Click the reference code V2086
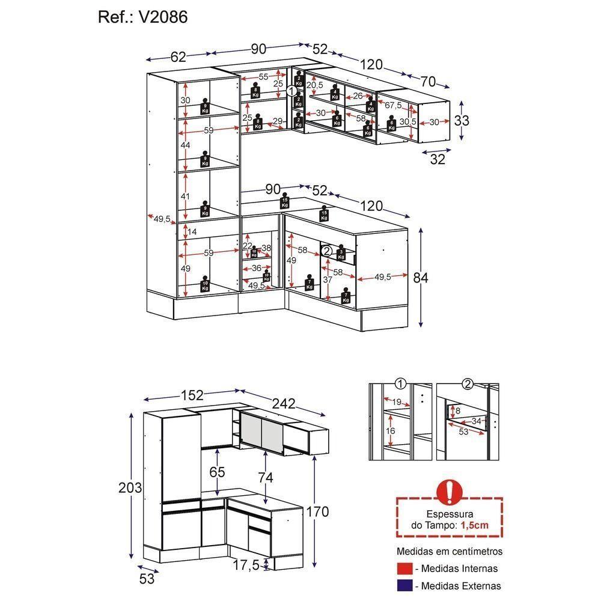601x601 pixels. click(x=163, y=17)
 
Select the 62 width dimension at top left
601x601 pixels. click(x=178, y=57)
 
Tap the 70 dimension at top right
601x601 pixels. click(x=428, y=81)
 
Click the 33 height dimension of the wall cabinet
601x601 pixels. click(x=462, y=120)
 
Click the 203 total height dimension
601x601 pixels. click(x=130, y=487)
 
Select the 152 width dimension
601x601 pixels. click(x=192, y=395)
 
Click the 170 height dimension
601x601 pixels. click(x=317, y=511)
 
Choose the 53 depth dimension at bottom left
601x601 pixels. click(x=147, y=579)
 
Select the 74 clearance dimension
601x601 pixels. click(x=265, y=478)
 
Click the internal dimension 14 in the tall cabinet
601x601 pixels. click(x=192, y=231)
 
